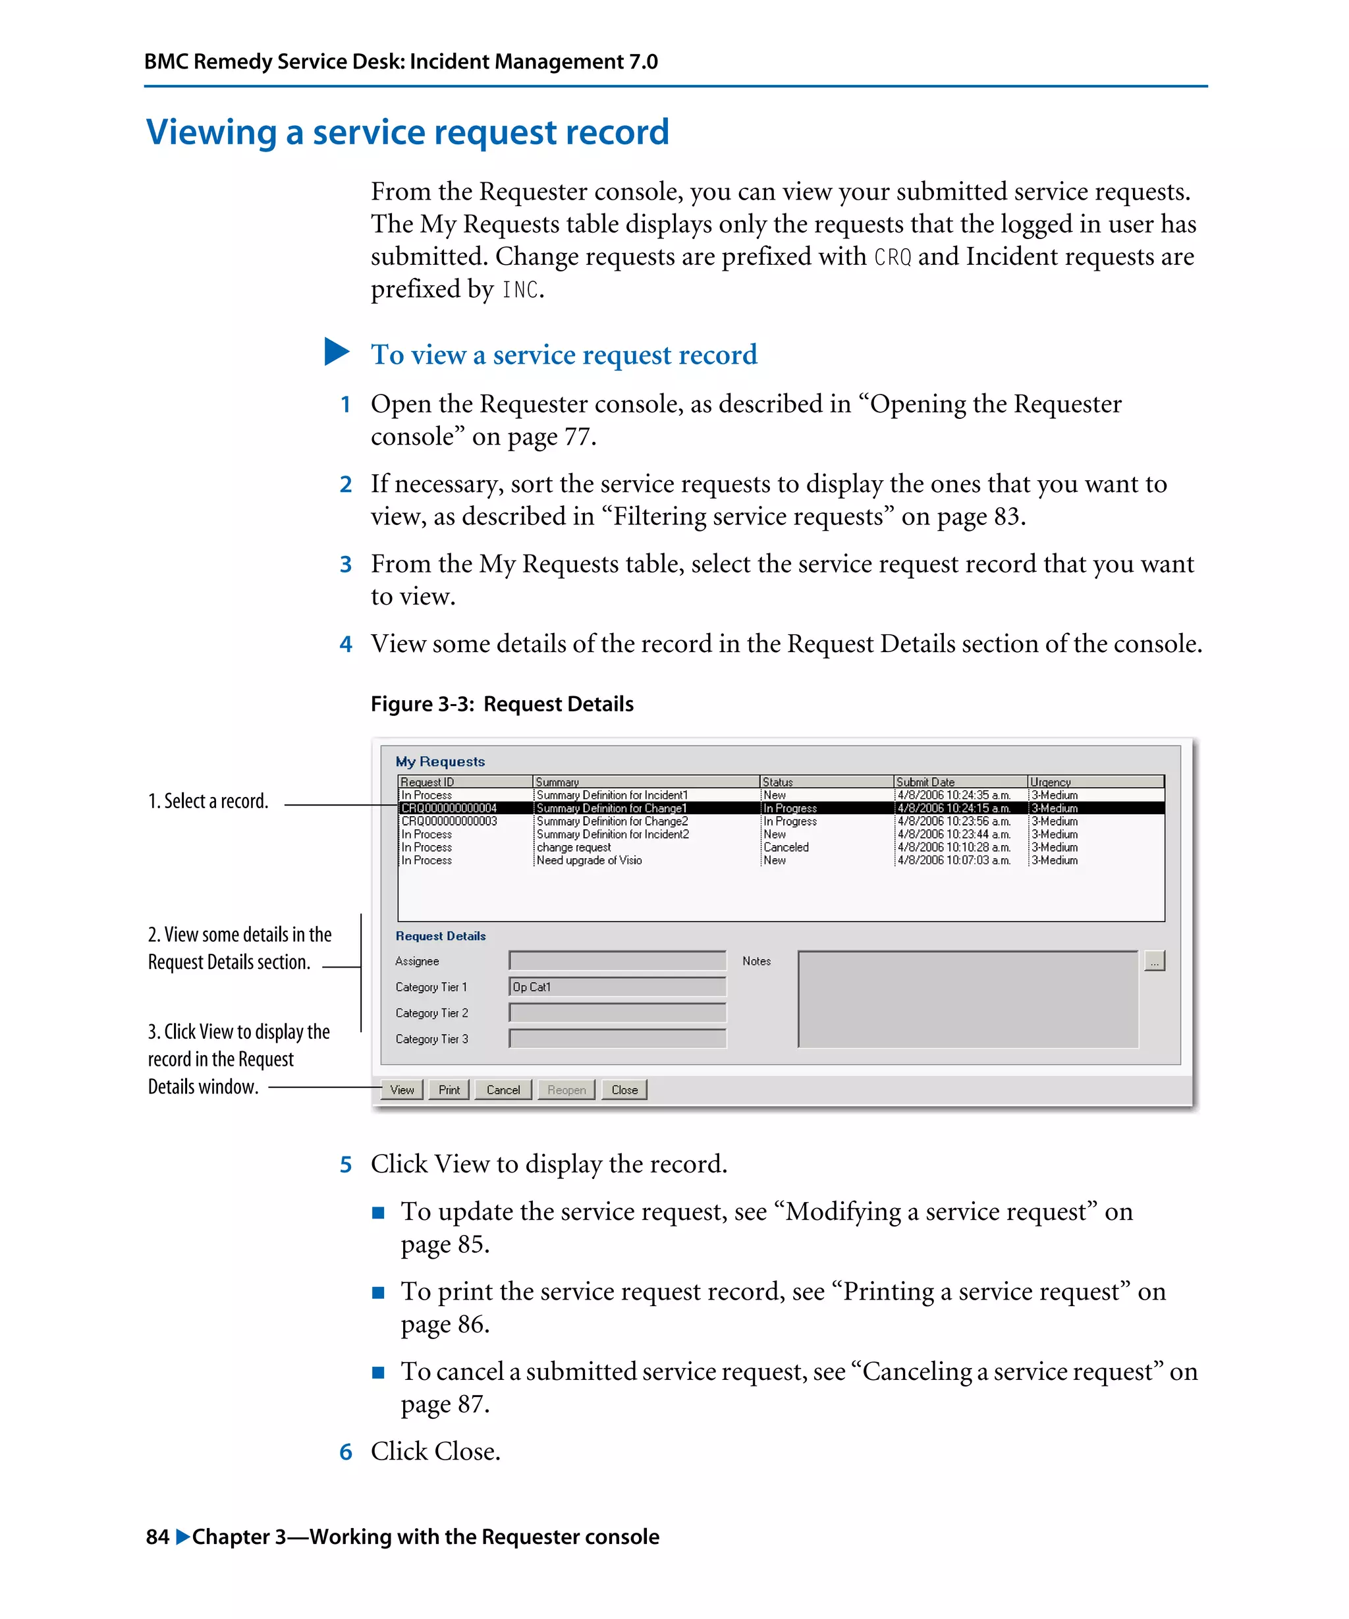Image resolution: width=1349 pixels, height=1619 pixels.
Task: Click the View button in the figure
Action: coord(402,1089)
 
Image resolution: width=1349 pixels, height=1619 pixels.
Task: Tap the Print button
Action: coord(449,1089)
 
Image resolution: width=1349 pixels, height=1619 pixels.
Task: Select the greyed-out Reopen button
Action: coord(566,1089)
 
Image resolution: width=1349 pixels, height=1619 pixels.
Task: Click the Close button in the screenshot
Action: coord(624,1089)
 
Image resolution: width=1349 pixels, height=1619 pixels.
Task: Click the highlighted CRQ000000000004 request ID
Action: coord(449,808)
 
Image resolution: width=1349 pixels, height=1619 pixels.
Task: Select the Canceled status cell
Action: coord(786,847)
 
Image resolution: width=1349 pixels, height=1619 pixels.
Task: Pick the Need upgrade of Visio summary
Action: coord(589,860)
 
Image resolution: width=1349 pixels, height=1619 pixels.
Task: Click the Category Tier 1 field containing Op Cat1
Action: coord(617,987)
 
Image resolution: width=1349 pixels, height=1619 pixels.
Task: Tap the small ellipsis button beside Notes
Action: coord(1154,962)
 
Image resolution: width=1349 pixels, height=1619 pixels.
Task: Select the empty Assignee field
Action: coord(617,960)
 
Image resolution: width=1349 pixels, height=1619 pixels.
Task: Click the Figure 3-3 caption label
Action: coord(502,704)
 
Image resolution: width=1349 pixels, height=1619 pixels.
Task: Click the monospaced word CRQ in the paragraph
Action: coord(892,257)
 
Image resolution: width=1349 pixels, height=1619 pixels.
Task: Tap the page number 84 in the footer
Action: coord(157,1537)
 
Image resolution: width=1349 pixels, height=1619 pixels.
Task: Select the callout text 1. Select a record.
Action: coord(208,801)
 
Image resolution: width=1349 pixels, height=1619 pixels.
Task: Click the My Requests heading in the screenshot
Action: coord(440,761)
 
